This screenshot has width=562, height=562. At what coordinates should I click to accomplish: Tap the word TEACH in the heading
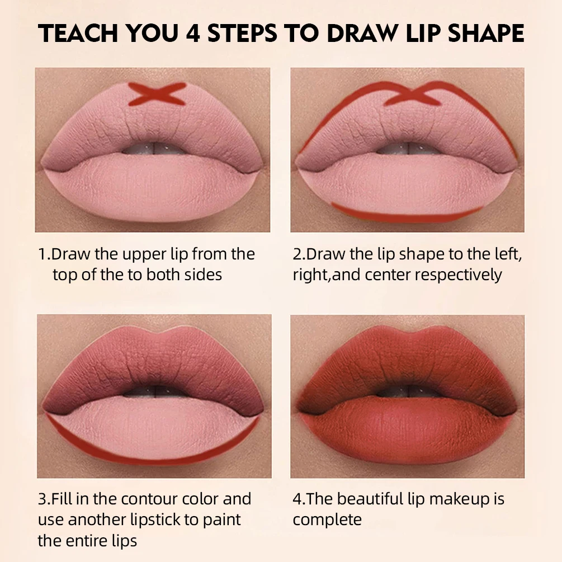(x=78, y=34)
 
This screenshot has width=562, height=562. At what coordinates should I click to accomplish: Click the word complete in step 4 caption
(x=327, y=520)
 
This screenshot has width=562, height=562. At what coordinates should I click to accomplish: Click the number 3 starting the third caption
(x=42, y=498)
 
